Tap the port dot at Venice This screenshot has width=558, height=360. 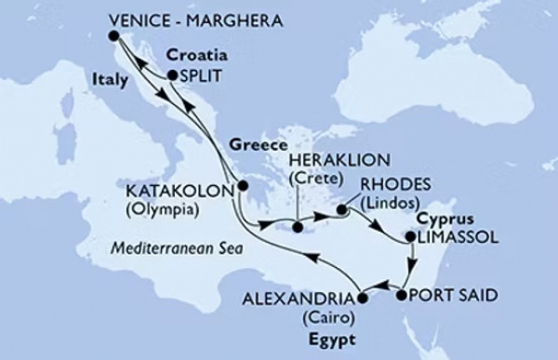click(113, 35)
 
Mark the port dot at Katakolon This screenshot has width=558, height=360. click(243, 185)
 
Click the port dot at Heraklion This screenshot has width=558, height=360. click(296, 224)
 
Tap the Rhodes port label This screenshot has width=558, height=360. click(388, 182)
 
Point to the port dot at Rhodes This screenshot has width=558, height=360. click(341, 208)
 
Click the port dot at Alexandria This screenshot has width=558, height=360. click(361, 298)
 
